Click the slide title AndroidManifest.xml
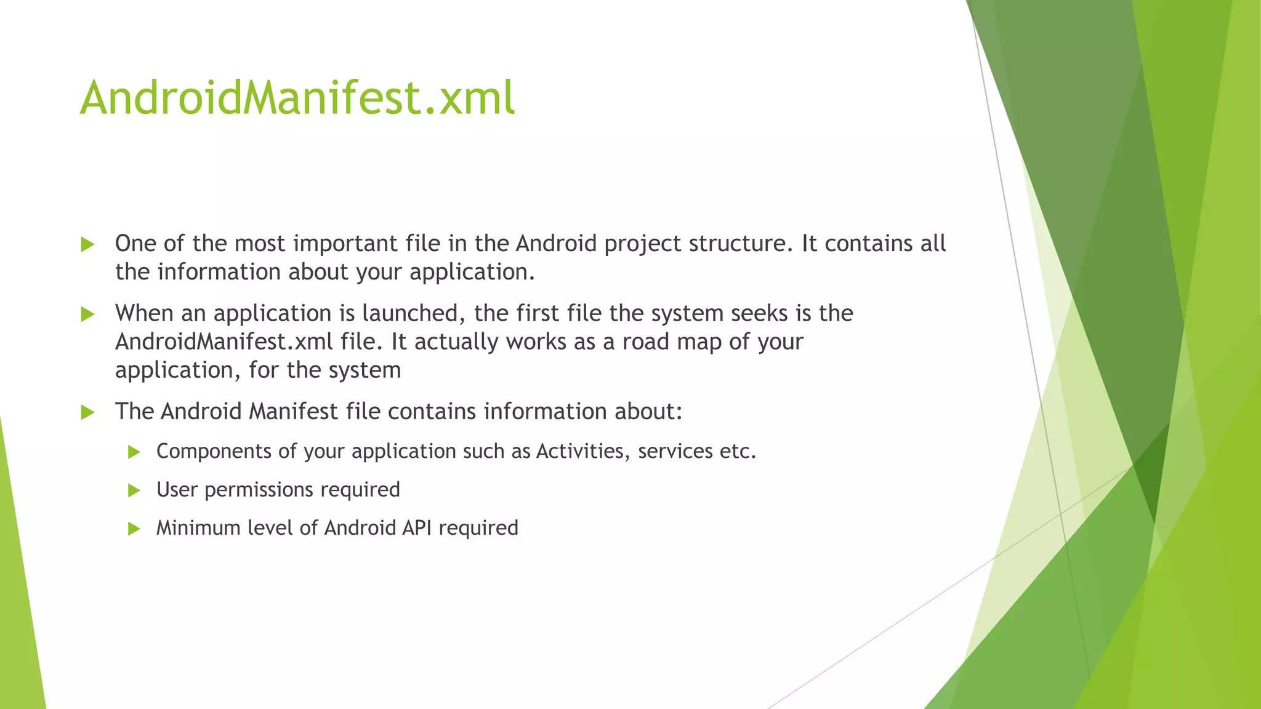pyautogui.click(x=297, y=98)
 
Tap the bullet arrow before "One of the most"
pyautogui.click(x=87, y=245)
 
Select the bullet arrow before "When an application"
pyautogui.click(x=87, y=314)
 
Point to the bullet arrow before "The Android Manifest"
pyautogui.click(x=87, y=412)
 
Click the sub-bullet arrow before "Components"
pyautogui.click(x=134, y=452)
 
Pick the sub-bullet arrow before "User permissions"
pyautogui.click(x=134, y=491)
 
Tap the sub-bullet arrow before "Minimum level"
pyautogui.click(x=134, y=529)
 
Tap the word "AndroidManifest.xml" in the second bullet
pyautogui.click(x=224, y=342)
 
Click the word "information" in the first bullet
pyautogui.click(x=219, y=272)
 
